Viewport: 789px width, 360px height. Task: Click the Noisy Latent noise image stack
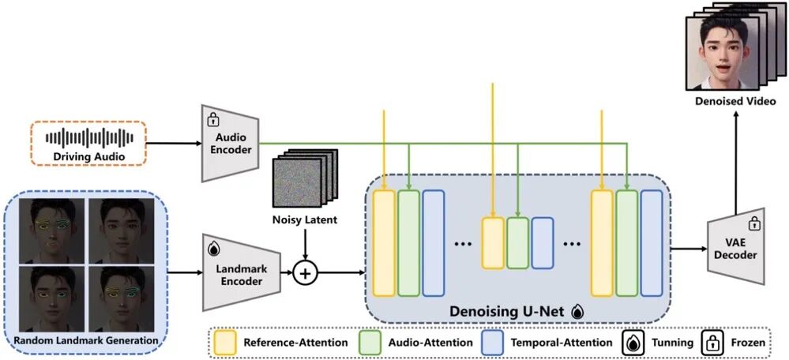(303, 184)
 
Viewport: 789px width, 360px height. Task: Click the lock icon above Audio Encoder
(212, 120)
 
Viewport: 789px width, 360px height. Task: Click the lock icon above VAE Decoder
(753, 223)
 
